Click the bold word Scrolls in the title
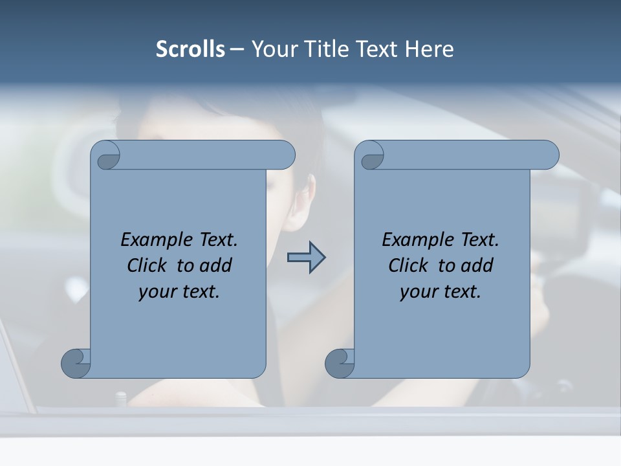pyautogui.click(x=190, y=49)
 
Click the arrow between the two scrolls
pyautogui.click(x=306, y=257)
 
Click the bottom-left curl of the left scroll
pyautogui.click(x=76, y=363)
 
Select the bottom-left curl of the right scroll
pyautogui.click(x=340, y=363)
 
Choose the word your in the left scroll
pyautogui.click(x=156, y=292)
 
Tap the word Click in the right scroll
pyautogui.click(x=408, y=265)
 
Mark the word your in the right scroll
pyautogui.click(x=417, y=292)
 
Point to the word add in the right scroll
pyautogui.click(x=478, y=265)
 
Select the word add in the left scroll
pyautogui.click(x=217, y=265)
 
